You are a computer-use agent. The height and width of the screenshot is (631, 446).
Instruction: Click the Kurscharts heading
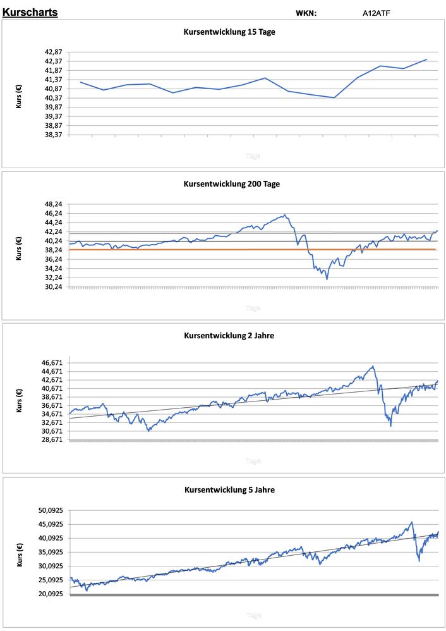click(x=30, y=12)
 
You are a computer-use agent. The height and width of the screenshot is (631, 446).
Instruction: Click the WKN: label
click(x=306, y=13)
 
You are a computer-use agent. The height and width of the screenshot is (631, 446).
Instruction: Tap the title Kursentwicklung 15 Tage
click(x=229, y=32)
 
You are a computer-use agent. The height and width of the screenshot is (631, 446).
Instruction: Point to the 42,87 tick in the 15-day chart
click(x=52, y=52)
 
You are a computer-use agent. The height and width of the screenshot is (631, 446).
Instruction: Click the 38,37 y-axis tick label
click(x=52, y=135)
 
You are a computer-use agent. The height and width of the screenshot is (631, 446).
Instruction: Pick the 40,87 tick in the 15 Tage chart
click(x=52, y=89)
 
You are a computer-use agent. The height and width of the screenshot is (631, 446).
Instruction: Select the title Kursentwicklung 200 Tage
click(x=231, y=184)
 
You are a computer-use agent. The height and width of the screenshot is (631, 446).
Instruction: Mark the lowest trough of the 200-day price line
click(x=327, y=279)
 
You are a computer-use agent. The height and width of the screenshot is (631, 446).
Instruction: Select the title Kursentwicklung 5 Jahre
click(x=229, y=489)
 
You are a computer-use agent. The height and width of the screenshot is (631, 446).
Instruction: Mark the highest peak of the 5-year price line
click(x=411, y=522)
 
